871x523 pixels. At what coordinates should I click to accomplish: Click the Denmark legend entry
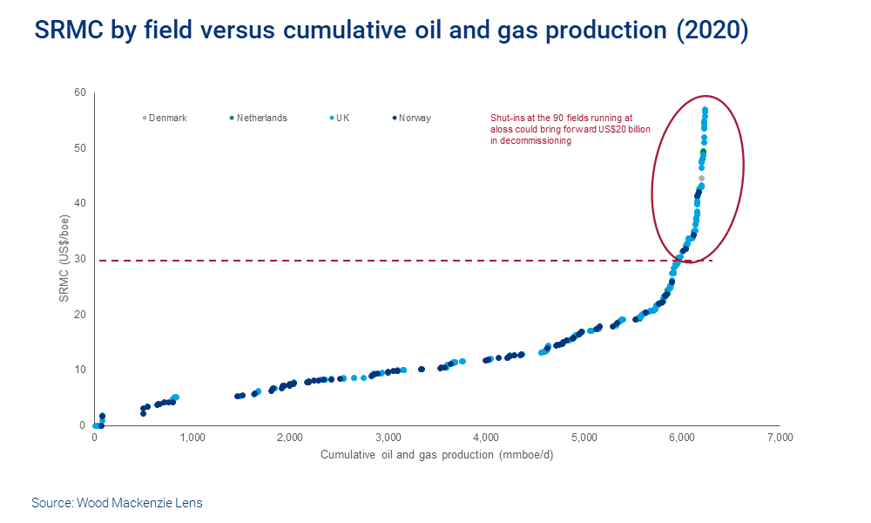coord(165,118)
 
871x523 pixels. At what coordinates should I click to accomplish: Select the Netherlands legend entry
coord(258,118)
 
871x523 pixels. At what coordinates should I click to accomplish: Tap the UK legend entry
coord(339,118)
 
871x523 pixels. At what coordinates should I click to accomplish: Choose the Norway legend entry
coord(412,118)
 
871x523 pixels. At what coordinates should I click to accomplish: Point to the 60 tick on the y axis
coord(79,92)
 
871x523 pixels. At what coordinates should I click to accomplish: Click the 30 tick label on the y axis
coord(79,259)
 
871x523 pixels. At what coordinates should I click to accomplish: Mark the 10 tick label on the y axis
coord(79,370)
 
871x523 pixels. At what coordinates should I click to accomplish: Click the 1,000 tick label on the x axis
coord(192,438)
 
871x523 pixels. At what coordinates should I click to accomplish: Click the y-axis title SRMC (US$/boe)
coord(64,259)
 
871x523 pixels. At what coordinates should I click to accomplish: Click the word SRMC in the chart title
coord(71,31)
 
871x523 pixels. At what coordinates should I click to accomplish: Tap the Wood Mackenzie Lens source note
coord(117,503)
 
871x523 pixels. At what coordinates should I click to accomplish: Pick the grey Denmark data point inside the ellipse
coord(701,179)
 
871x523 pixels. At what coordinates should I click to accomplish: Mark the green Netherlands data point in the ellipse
coord(703,153)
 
